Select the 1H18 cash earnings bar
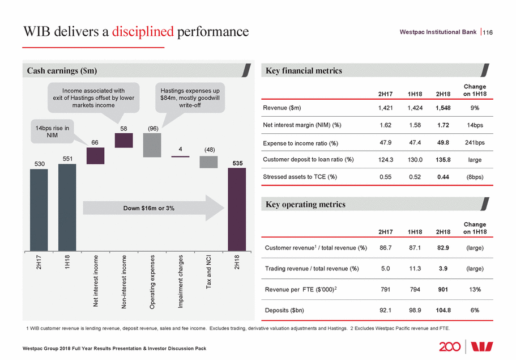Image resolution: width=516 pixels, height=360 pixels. point(67,207)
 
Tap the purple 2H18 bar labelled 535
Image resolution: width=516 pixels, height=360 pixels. point(237,209)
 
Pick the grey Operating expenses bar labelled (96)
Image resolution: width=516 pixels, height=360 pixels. point(152,145)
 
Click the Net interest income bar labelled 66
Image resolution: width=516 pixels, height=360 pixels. point(96,156)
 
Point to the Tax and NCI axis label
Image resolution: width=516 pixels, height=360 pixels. point(209,272)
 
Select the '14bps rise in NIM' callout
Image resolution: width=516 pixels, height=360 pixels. point(50,132)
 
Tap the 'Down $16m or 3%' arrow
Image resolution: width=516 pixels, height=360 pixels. point(150,208)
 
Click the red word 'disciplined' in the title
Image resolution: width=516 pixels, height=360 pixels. point(142,32)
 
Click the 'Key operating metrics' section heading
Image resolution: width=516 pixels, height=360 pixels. point(306,204)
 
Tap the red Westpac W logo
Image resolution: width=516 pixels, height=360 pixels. point(491,346)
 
